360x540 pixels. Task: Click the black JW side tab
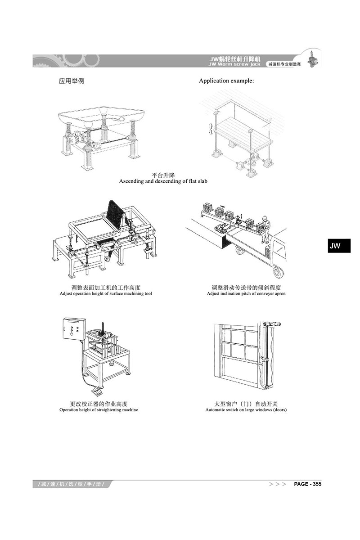click(339, 246)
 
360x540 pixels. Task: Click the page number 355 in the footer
click(317, 484)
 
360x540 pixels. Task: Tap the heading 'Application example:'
click(226, 81)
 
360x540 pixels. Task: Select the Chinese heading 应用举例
click(72, 81)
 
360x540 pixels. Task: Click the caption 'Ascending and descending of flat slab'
click(163, 181)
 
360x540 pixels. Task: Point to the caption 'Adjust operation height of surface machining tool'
click(106, 293)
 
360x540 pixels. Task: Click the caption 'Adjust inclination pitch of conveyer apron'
click(246, 293)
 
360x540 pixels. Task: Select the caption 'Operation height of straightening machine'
click(99, 409)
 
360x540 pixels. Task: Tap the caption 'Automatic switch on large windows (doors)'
click(246, 409)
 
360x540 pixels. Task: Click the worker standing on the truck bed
click(265, 229)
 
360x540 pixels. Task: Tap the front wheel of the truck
click(279, 271)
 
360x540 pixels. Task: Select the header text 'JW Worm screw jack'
click(234, 64)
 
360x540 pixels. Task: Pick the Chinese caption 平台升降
click(163, 175)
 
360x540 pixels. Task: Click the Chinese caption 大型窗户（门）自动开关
click(246, 404)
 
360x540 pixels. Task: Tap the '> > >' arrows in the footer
click(278, 484)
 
